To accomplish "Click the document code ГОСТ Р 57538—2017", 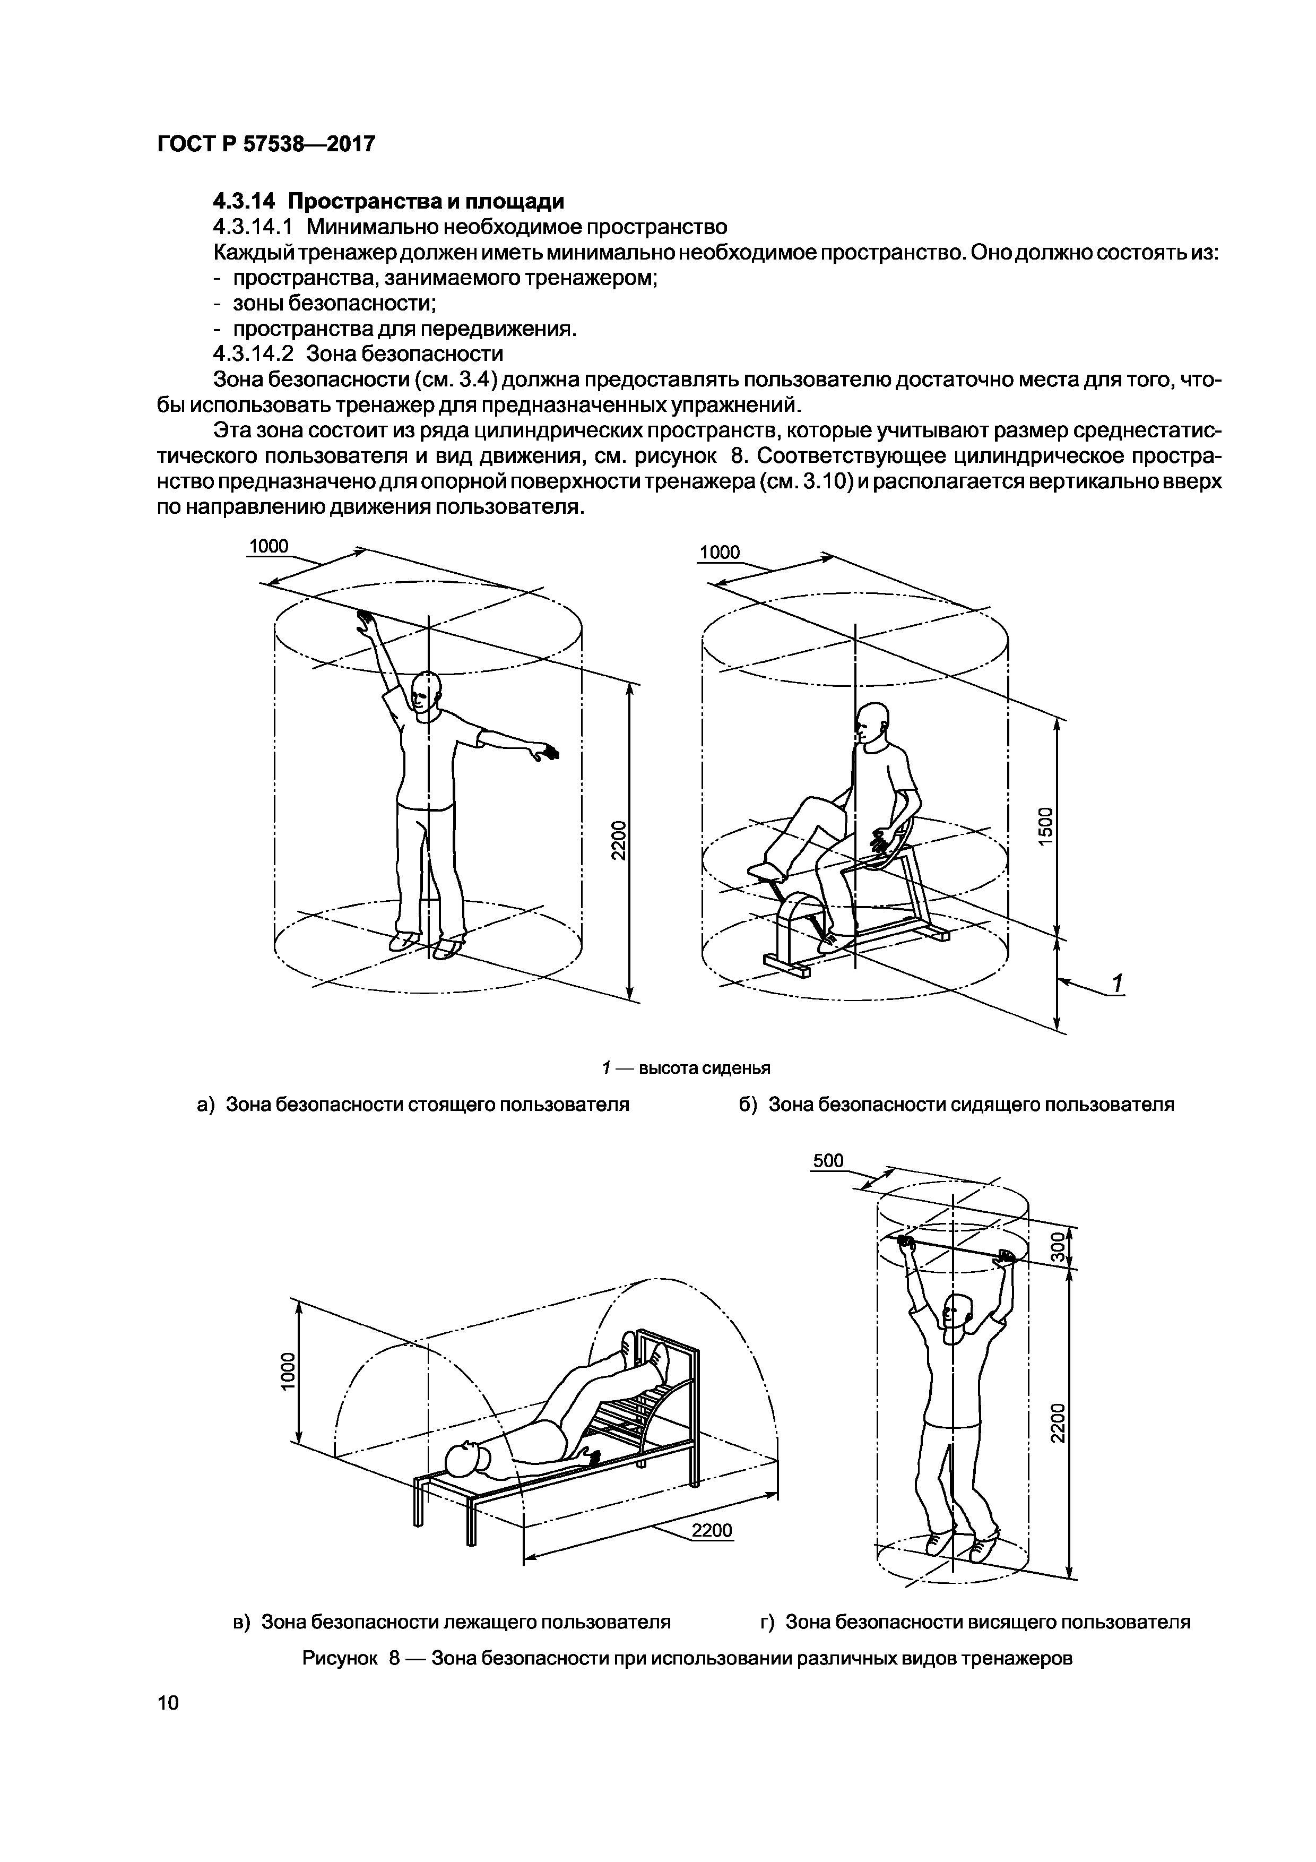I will pyautogui.click(x=266, y=144).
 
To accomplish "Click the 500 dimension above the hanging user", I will pyautogui.click(x=828, y=1161).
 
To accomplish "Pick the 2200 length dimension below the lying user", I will pyautogui.click(x=712, y=1530).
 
